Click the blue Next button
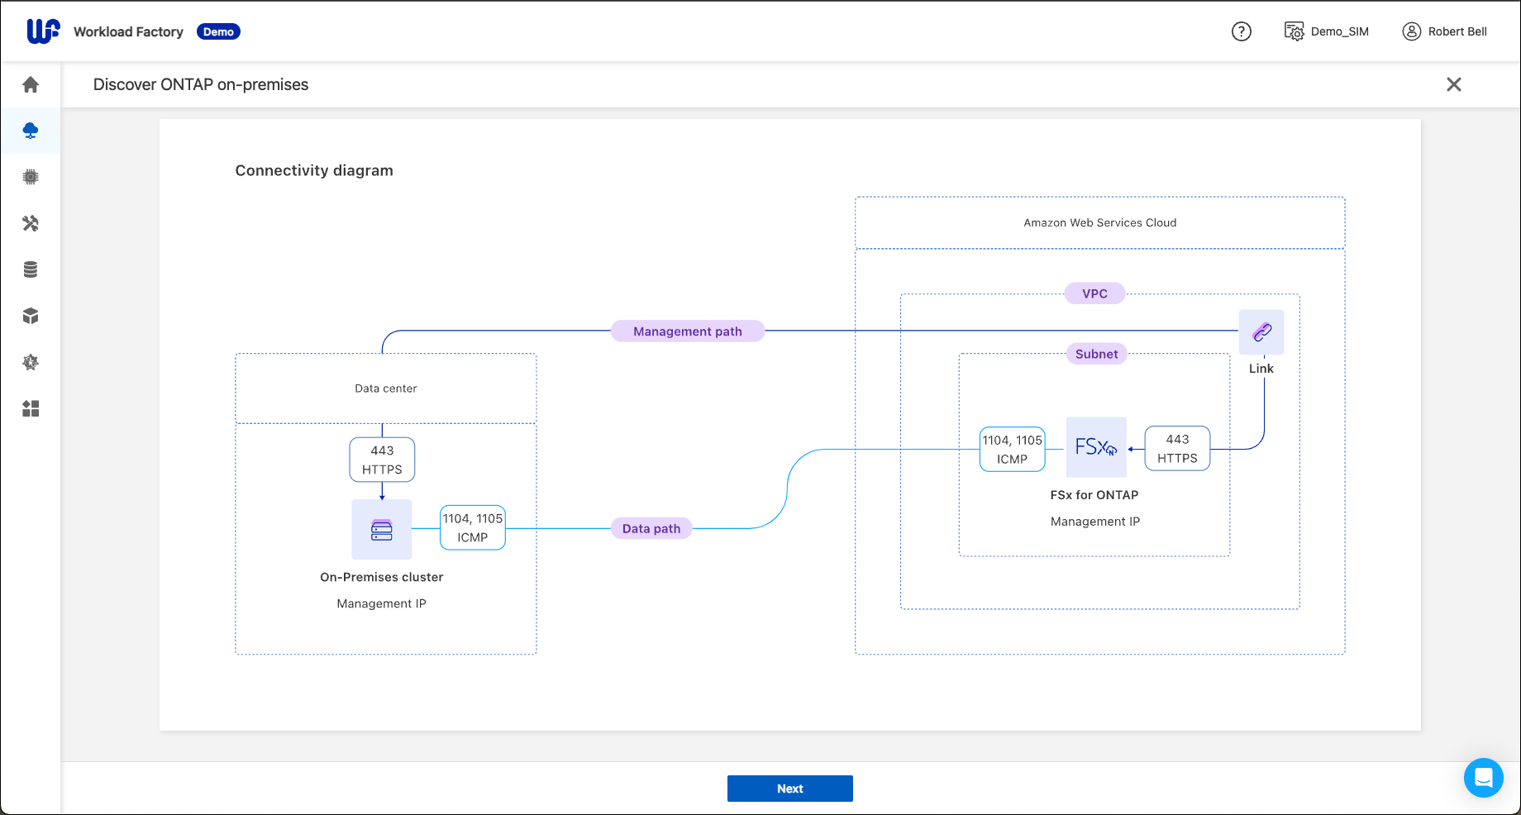coord(789,789)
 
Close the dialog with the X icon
coord(1454,84)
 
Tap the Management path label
coord(688,331)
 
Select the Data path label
coord(651,528)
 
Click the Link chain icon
coord(1261,332)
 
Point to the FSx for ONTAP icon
coord(1096,447)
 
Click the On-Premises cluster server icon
coord(382,530)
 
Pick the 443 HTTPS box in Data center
coord(382,460)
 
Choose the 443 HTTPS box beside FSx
coord(1177,449)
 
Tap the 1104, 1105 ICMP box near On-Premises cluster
coord(473,527)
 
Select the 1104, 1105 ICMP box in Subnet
coord(1012,450)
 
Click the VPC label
coord(1094,293)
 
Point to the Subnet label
coord(1096,354)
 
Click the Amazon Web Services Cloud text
coord(1099,222)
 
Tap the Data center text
coord(386,388)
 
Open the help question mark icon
coord(1242,31)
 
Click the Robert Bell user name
coord(1457,31)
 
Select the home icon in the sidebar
coord(31,84)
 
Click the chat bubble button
coord(1483,778)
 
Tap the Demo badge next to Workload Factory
coord(218,31)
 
